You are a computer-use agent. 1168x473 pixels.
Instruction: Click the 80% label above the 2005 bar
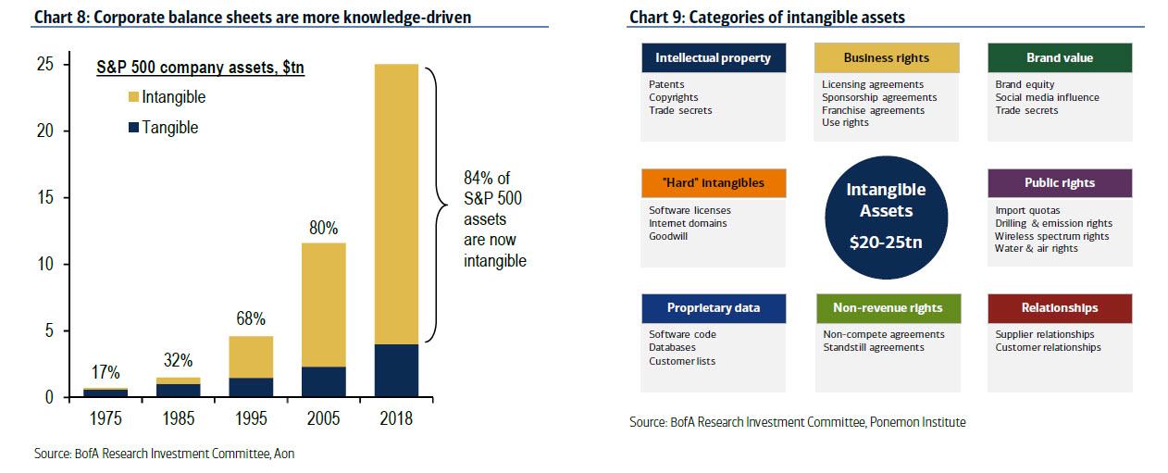coord(323,227)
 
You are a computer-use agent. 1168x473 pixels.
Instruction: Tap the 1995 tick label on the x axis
coord(250,418)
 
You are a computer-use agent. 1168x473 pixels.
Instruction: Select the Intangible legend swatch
coord(133,97)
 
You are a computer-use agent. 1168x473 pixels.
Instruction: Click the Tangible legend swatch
coord(133,128)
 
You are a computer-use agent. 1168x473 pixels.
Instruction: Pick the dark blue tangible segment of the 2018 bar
coord(396,370)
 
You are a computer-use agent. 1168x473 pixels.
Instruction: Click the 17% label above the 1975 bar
coord(105,372)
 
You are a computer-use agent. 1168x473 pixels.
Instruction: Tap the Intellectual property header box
coord(713,57)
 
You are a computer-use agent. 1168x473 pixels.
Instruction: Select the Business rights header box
coord(886,57)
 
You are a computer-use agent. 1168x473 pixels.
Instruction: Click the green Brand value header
coord(1059,57)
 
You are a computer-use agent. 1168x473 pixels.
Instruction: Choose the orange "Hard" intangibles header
coord(713,182)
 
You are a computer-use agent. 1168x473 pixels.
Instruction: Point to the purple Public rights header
coord(1059,182)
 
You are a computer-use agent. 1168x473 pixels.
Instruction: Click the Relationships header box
coord(1059,307)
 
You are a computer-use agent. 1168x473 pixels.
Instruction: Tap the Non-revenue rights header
coord(886,307)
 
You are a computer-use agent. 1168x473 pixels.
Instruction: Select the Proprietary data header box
coord(713,307)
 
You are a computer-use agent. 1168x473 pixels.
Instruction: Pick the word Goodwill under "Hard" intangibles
coord(668,236)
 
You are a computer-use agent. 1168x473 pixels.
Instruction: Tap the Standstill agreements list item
coord(873,347)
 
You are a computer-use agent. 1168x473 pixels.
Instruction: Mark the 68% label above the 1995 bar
coord(250,319)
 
